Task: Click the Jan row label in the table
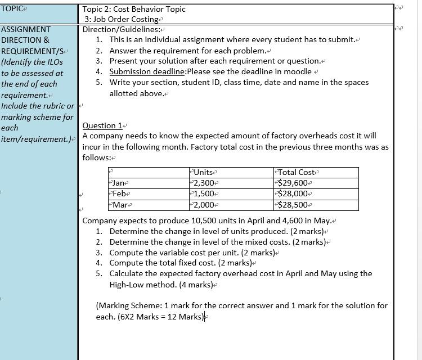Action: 119,183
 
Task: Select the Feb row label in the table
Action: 119,194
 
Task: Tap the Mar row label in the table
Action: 119,205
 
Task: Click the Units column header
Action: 204,172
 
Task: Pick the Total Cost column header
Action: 297,172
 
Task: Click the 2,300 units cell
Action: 204,183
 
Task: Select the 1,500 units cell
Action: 204,194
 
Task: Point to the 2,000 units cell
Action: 204,205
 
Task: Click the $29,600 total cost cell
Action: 293,183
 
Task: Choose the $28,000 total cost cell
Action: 293,194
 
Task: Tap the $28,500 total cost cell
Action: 293,205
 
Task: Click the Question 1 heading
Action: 102,125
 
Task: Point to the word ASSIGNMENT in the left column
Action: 26,29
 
